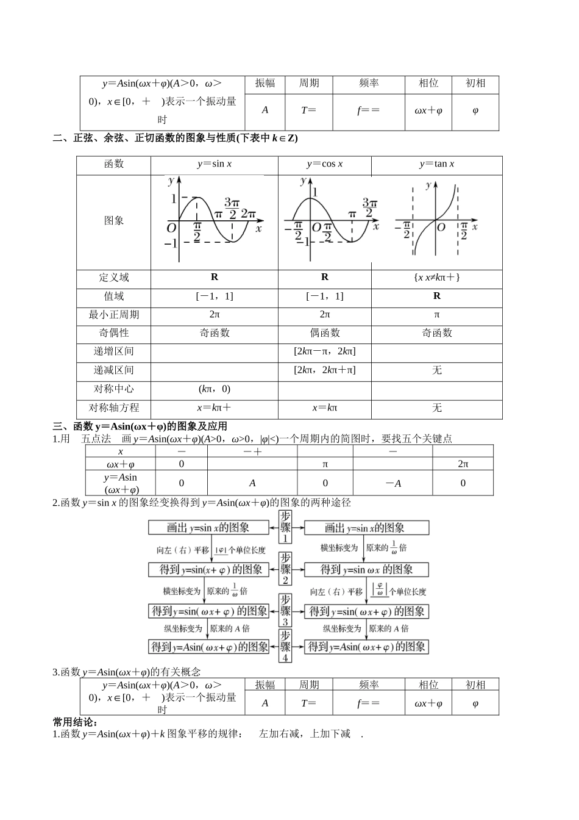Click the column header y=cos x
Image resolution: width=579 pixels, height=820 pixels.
coord(324,164)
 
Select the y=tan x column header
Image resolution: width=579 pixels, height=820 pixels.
coord(436,164)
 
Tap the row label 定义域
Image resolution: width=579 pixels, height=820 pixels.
coord(114,278)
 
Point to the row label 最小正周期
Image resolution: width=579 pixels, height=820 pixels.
coord(114,315)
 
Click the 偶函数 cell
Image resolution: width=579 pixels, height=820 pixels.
coord(324,333)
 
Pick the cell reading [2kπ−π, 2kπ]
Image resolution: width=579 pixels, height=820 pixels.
coord(324,351)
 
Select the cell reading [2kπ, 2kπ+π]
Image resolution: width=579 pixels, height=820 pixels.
coord(324,370)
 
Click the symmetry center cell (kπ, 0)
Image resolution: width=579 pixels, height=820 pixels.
coord(214,389)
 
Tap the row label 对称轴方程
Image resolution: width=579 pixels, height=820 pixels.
coord(114,408)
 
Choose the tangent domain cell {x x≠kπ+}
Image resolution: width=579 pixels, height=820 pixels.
coord(436,278)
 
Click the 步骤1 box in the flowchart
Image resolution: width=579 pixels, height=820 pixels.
coord(285,527)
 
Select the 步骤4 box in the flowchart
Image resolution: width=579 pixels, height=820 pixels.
coord(285,646)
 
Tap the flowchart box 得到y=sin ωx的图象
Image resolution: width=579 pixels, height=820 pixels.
coord(367,570)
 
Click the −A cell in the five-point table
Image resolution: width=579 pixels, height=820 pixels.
coord(393,483)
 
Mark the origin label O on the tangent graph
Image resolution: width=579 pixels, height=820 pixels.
coord(441,228)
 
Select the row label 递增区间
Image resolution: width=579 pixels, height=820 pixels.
coord(114,351)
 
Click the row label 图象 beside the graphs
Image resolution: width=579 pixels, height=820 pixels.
coord(114,221)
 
